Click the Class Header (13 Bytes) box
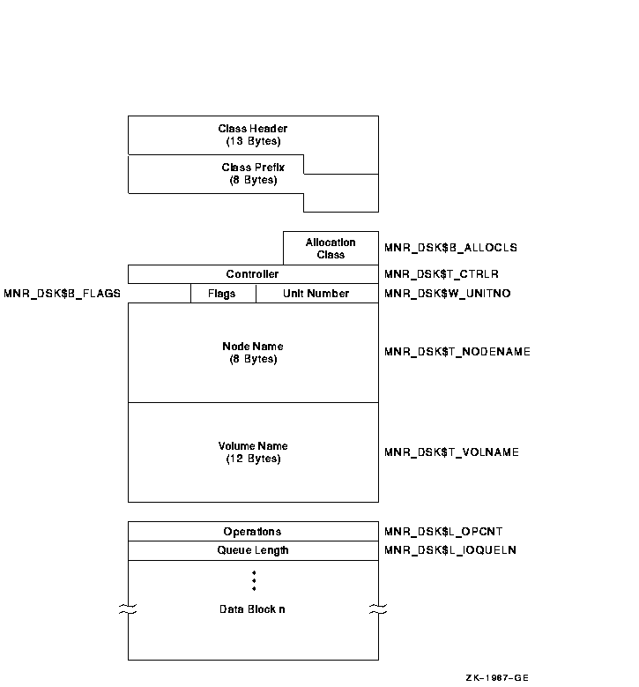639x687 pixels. coord(253,135)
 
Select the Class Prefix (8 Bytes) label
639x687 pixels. coord(253,174)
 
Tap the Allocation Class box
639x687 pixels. coord(331,249)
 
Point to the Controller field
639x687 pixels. coord(252,274)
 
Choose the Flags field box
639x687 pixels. coord(223,294)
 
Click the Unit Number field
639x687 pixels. coord(316,294)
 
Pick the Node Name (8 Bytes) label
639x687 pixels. coord(253,353)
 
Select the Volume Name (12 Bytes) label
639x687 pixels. coord(253,452)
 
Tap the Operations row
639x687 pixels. coord(253,532)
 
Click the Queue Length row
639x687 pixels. coord(253,550)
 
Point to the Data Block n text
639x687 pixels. coord(253,609)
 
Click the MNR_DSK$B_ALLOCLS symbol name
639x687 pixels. coord(450,249)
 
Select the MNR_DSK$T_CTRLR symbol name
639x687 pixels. coord(442,274)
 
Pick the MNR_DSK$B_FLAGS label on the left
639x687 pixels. coord(62,294)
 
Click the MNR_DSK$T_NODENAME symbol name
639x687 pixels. coord(457,353)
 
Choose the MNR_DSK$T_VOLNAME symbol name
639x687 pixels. coord(451,452)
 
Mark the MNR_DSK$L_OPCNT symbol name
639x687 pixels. coord(443,532)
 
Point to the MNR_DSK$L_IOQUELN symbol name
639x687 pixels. coord(450,550)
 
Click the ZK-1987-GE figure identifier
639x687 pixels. coord(498,677)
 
